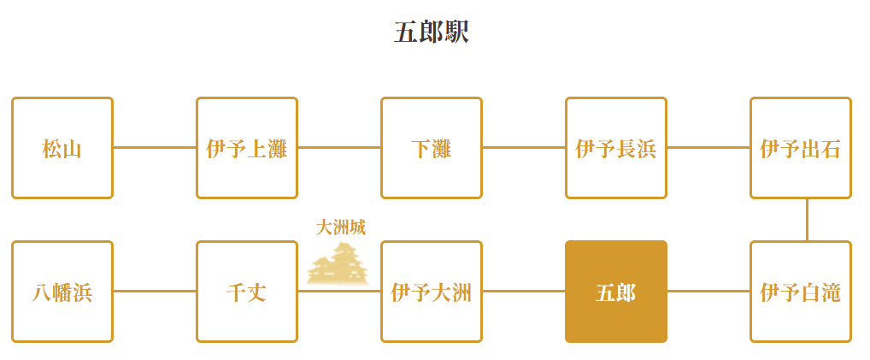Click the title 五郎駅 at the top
432,32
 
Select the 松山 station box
62,148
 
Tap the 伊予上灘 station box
247,148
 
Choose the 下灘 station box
432,148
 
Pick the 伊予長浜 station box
616,148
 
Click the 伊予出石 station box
801,148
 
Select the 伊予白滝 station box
801,292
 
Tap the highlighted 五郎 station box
616,292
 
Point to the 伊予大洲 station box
432,292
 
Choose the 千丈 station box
247,292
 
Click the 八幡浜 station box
62,292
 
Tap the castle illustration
338,264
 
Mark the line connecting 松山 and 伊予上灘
155,148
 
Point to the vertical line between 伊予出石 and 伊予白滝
808,220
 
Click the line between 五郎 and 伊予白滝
708,291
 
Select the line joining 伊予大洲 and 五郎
524,291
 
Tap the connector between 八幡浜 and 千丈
155,291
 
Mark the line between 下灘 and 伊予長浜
524,148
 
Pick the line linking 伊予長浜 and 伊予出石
708,148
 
